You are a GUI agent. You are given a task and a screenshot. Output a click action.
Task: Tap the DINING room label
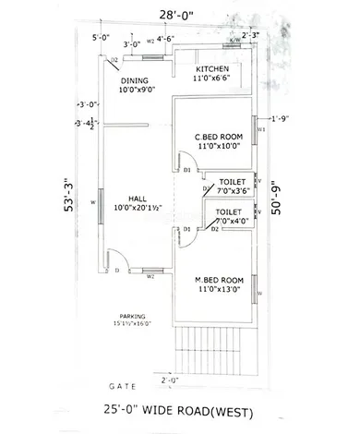(139, 81)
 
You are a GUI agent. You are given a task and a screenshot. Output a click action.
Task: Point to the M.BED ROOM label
(219, 278)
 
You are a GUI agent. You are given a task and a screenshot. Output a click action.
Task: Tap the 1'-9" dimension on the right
(282, 117)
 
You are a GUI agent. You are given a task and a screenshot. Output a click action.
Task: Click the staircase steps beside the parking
(218, 345)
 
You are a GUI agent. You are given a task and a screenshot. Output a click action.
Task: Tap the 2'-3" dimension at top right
(250, 35)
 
